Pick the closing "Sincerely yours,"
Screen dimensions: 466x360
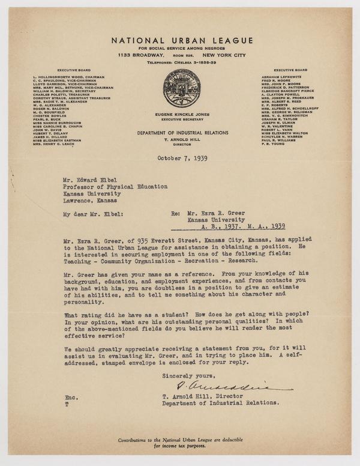[x=188, y=377]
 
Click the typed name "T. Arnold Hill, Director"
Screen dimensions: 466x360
[x=208, y=396]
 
